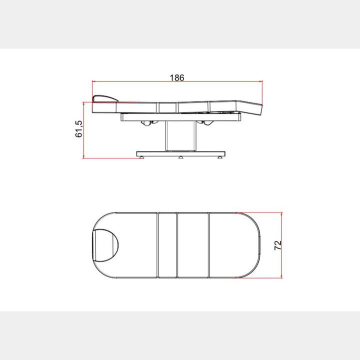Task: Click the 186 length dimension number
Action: click(177, 77)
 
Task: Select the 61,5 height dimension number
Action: click(78, 129)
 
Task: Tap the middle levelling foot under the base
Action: click(180, 157)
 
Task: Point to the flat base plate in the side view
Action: click(180, 153)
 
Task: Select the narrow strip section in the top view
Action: click(167, 244)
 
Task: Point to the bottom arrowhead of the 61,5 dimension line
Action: click(83, 156)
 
